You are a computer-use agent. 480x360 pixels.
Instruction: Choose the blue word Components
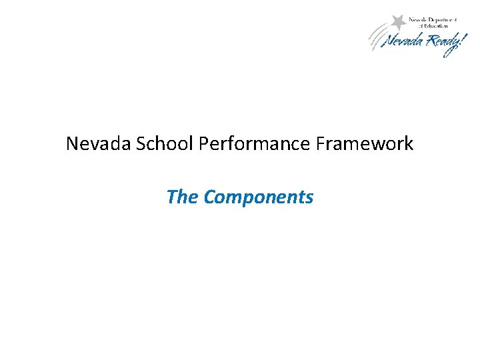pyautogui.click(x=259, y=197)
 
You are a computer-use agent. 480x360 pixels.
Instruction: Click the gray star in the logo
pyautogui.click(x=399, y=21)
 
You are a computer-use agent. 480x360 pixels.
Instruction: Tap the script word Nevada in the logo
pyautogui.click(x=403, y=41)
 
